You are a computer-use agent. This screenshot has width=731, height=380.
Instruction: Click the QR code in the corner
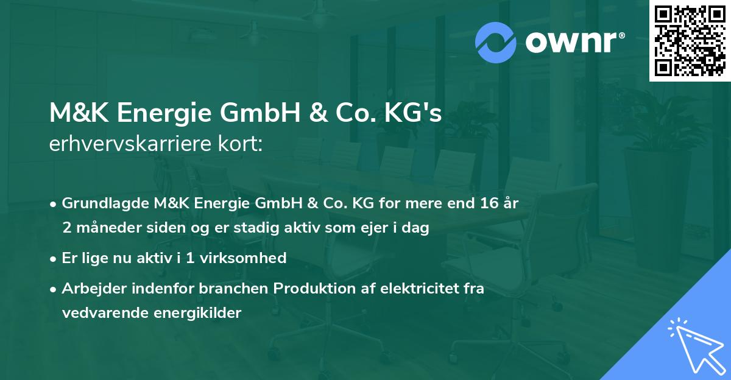click(x=690, y=40)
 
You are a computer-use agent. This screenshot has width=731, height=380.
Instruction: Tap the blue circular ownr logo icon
click(x=496, y=43)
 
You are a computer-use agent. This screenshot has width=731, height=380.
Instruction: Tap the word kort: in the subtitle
click(x=243, y=144)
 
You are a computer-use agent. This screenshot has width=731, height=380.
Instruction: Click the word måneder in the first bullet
click(x=105, y=228)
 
